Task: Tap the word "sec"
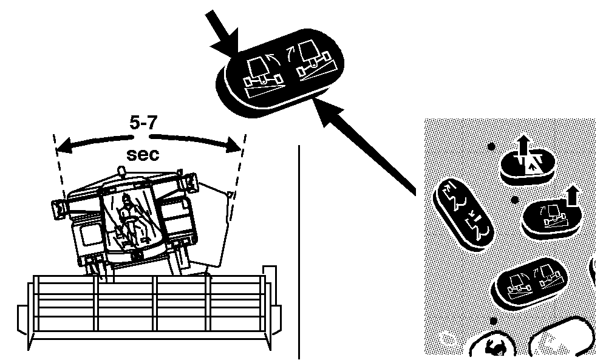143,154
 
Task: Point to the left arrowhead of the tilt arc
64,146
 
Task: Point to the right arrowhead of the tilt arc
233,145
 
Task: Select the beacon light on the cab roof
121,171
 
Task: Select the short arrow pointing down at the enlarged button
224,32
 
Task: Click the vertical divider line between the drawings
299,252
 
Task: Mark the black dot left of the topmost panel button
491,146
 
